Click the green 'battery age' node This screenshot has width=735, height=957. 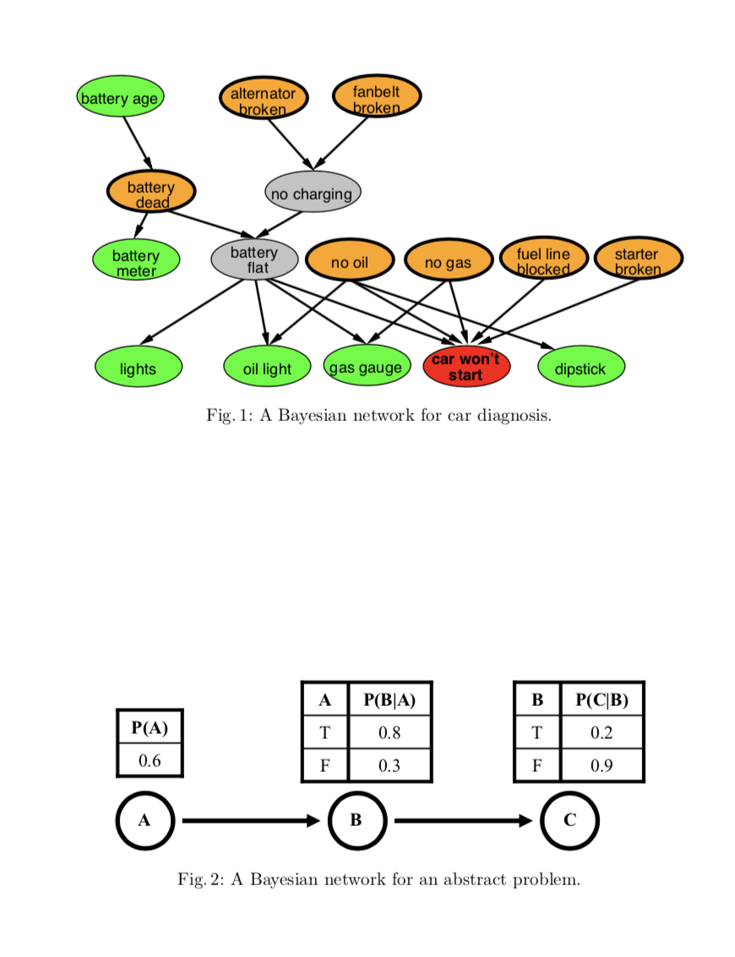click(x=119, y=98)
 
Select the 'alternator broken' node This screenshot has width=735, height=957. click(x=263, y=100)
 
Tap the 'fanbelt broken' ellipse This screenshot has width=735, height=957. click(x=376, y=98)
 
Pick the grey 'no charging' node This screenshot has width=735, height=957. click(x=312, y=194)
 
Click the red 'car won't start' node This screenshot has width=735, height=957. click(x=465, y=366)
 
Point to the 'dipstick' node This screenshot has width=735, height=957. click(x=580, y=368)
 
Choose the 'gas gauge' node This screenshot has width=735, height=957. click(x=365, y=367)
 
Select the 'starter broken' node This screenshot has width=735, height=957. click(x=638, y=260)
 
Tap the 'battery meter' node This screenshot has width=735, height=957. click(x=135, y=261)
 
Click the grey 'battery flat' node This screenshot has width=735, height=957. click(x=253, y=260)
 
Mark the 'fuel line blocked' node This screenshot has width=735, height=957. click(x=543, y=260)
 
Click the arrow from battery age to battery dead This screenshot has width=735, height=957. click(x=137, y=143)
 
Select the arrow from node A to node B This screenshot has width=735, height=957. click(x=250, y=820)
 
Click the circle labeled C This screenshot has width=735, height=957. click(x=569, y=820)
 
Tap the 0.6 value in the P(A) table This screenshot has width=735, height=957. click(x=150, y=760)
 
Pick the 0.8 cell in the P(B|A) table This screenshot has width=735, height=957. click(x=389, y=732)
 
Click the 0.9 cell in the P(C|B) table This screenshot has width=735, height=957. click(x=601, y=765)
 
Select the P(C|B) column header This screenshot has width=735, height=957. click(x=601, y=700)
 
